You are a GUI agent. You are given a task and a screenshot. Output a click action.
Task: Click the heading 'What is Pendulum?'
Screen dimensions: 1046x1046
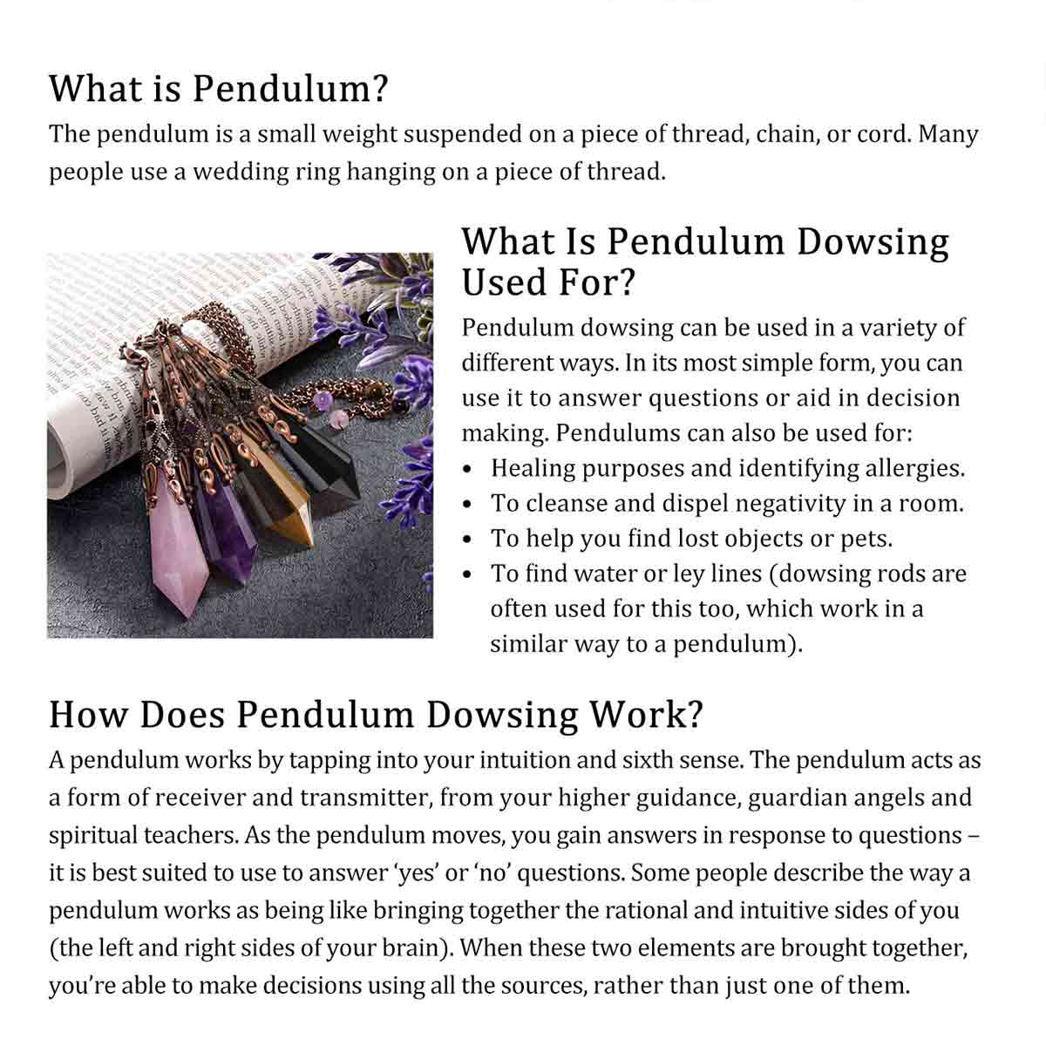tap(218, 89)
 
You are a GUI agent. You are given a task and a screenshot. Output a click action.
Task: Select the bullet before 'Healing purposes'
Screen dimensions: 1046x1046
tap(470, 470)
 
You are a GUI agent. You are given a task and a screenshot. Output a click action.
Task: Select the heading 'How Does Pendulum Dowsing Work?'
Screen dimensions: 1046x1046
tap(376, 714)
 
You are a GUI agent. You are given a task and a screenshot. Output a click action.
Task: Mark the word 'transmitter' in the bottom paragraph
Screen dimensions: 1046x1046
tap(365, 798)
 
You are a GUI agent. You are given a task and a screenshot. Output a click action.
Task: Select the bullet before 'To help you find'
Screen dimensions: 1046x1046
tap(470, 540)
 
